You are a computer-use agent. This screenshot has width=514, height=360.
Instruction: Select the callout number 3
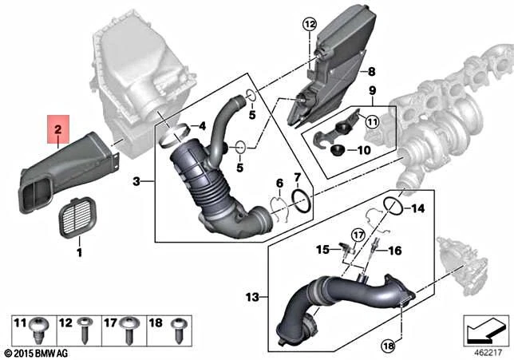click(136, 182)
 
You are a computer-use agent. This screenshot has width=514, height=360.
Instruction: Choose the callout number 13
click(252, 297)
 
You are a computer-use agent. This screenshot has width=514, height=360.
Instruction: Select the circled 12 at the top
click(310, 26)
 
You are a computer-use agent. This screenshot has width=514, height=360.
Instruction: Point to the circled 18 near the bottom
click(388, 346)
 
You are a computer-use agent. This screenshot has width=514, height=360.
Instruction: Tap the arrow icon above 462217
click(486, 327)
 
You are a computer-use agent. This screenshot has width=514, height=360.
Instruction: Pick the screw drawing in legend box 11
click(37, 326)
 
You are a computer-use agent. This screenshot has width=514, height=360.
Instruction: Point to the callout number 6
click(279, 184)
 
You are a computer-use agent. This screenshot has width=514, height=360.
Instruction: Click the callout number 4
click(203, 126)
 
